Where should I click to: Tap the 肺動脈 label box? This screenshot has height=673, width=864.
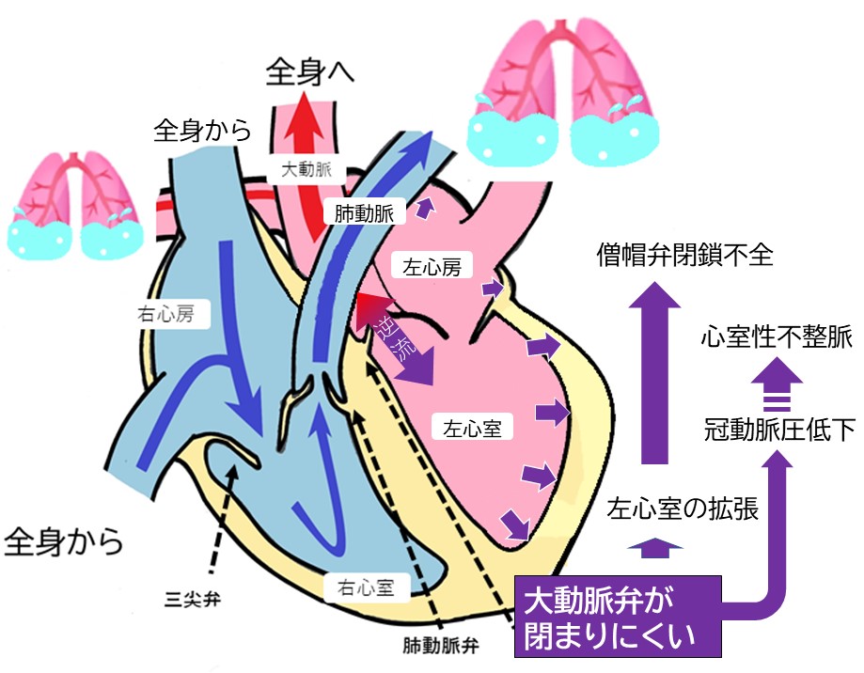(x=364, y=213)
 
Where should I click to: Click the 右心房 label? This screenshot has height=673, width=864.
(x=170, y=315)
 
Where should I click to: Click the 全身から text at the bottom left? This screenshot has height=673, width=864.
(x=65, y=542)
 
